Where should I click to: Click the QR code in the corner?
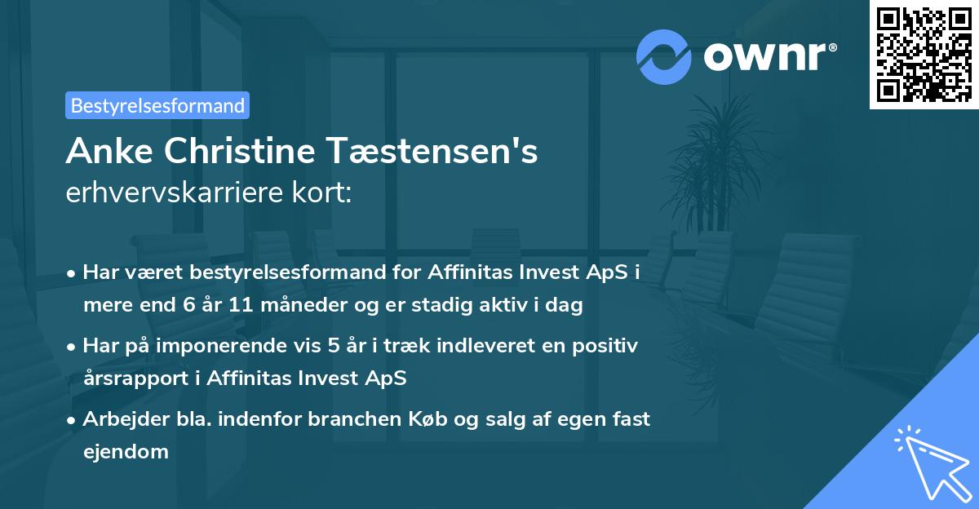[923, 54]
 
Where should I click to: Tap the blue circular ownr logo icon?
[664, 56]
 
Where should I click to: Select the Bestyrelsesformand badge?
[157, 105]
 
